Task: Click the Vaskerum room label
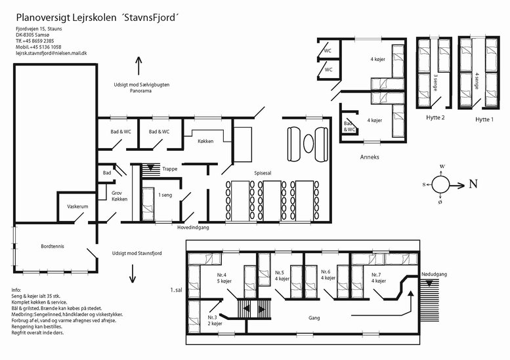[77, 207]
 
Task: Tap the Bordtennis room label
[53, 247]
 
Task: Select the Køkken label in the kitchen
[205, 142]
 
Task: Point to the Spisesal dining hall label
[263, 173]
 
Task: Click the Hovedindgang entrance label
[193, 228]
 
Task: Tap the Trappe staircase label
[170, 169]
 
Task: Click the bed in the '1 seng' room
[148, 204]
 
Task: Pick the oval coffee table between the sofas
[308, 144]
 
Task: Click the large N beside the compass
[473, 184]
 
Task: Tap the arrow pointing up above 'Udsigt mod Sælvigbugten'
[139, 66]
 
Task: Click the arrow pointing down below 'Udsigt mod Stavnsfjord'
[133, 273]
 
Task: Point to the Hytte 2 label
[435, 117]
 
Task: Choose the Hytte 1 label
[484, 119]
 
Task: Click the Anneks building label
[370, 157]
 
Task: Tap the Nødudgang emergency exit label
[435, 274]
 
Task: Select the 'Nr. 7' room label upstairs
[376, 275]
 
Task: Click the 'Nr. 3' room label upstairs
[213, 317]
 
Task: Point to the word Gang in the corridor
[314, 318]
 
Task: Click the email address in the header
[51, 53]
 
